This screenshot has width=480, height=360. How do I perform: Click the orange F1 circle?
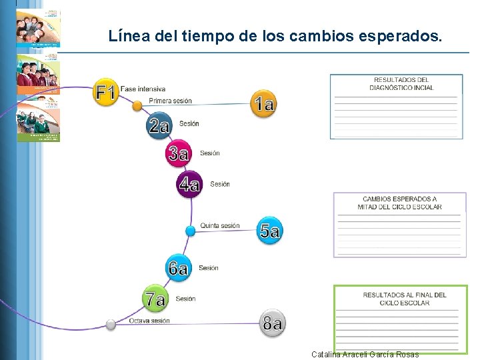pyautogui.click(x=106, y=92)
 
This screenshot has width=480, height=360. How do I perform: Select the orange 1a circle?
pyautogui.click(x=263, y=103)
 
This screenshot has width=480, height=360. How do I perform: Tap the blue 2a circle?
pyautogui.click(x=159, y=125)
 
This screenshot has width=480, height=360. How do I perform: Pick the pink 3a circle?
pyautogui.click(x=179, y=153)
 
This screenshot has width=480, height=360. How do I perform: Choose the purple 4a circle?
pyautogui.click(x=189, y=183)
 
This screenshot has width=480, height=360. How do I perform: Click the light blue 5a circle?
pyautogui.click(x=269, y=231)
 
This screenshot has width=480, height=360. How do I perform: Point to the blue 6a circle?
pyautogui.click(x=178, y=268)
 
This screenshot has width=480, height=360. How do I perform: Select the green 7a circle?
pyautogui.click(x=155, y=299)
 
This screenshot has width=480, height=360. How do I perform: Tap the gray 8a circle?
pyautogui.click(x=272, y=324)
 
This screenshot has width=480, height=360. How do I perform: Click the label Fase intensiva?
pyautogui.click(x=143, y=89)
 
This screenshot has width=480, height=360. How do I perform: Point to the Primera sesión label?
pyautogui.click(x=170, y=101)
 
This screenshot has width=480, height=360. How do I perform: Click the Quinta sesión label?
pyautogui.click(x=220, y=226)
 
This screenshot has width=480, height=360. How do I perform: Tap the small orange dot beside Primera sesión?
pyautogui.click(x=137, y=105)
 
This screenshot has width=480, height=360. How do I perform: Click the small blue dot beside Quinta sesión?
pyautogui.click(x=190, y=231)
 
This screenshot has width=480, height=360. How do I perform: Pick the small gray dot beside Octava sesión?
pyautogui.click(x=111, y=325)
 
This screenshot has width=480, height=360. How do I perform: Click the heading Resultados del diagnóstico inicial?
pyautogui.click(x=401, y=84)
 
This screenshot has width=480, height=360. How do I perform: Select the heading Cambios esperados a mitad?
pyautogui.click(x=400, y=203)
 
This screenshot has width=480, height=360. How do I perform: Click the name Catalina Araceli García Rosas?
pyautogui.click(x=365, y=355)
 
